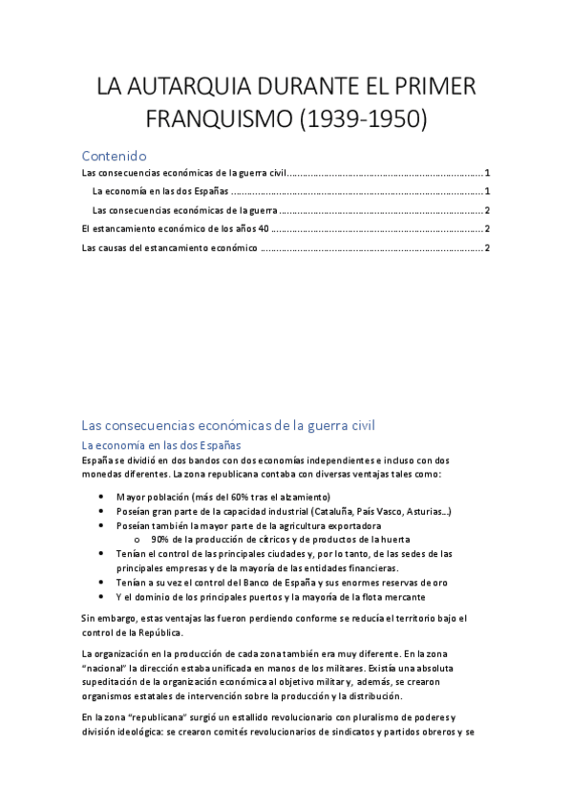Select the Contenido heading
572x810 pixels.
click(x=114, y=155)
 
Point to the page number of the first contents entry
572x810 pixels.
click(x=487, y=173)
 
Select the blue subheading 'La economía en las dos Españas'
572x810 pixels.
click(x=161, y=445)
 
